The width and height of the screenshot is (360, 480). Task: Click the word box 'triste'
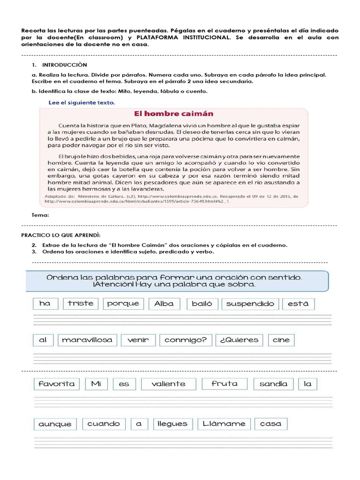(81, 303)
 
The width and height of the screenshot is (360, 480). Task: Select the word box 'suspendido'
(250, 303)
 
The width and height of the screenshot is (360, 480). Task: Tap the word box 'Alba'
(164, 303)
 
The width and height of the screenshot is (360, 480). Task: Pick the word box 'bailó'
(202, 303)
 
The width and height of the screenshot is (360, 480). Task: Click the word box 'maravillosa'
(87, 340)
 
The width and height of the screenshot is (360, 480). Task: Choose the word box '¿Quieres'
(239, 340)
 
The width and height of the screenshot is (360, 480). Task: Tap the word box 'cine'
(281, 340)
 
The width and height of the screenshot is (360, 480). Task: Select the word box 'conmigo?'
(186, 340)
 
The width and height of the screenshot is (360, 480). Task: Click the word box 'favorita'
(57, 383)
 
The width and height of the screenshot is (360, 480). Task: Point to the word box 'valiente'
(168, 383)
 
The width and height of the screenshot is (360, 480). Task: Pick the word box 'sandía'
(273, 383)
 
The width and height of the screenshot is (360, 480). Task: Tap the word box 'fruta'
(225, 383)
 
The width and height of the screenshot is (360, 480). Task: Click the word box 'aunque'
(55, 424)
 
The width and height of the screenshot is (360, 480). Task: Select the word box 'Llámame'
(224, 424)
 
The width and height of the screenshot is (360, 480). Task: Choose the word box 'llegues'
(172, 424)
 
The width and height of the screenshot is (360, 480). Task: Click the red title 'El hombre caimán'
(174, 113)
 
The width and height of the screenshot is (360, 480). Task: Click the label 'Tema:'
(40, 215)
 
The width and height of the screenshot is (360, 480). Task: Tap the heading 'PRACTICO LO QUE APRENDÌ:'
(61, 234)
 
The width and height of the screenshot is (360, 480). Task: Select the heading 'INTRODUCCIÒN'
(64, 65)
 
